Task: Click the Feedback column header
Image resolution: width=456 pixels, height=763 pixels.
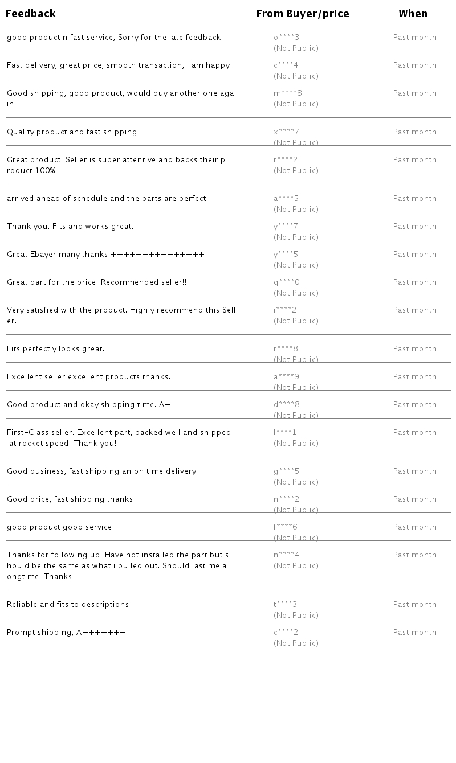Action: [x=31, y=14]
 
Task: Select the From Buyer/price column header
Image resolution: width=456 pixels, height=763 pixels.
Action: [x=303, y=14]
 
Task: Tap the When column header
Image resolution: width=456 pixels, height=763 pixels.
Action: [x=413, y=14]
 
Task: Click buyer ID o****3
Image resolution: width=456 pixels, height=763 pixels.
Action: [x=286, y=38]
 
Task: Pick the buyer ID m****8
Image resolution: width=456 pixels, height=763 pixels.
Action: [x=288, y=93]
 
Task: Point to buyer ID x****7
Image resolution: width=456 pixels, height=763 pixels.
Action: [x=286, y=132]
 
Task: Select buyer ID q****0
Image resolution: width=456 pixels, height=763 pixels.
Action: [x=286, y=282]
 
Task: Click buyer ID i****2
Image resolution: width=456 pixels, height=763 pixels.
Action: [x=285, y=310]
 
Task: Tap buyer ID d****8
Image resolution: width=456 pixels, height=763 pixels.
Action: [x=286, y=405]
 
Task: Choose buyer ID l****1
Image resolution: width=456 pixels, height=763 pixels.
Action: [x=285, y=433]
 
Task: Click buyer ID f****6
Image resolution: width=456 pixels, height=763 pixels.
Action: [x=286, y=527]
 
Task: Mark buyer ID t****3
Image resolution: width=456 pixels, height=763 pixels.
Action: [x=285, y=605]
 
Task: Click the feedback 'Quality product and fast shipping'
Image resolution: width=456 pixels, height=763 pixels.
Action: [x=72, y=132]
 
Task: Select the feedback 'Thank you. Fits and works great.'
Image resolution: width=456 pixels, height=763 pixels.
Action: [x=70, y=227]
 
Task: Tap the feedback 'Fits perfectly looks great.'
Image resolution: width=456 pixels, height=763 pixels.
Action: [x=56, y=349]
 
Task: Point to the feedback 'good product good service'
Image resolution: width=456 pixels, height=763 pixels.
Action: [x=59, y=527]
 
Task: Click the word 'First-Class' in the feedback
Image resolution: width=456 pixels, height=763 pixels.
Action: [x=25, y=433]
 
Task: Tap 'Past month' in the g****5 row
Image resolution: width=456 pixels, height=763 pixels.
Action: [x=414, y=471]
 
